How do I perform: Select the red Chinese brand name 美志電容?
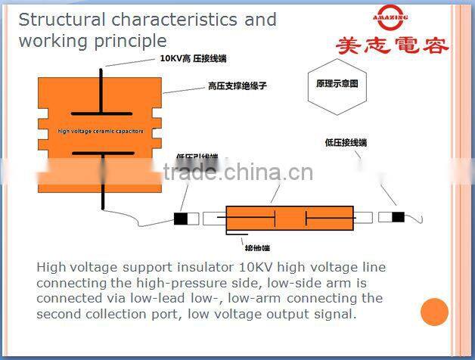[x=392, y=46]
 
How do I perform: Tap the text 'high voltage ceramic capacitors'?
[x=101, y=132]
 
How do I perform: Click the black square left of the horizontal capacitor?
[x=181, y=219]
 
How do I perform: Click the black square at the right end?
[x=398, y=218]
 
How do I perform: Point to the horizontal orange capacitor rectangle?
[x=290, y=219]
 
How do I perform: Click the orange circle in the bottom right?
[x=434, y=312]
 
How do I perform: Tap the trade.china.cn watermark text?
[x=238, y=172]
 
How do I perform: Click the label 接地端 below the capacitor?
[x=256, y=247]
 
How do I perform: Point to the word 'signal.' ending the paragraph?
[x=335, y=313]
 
